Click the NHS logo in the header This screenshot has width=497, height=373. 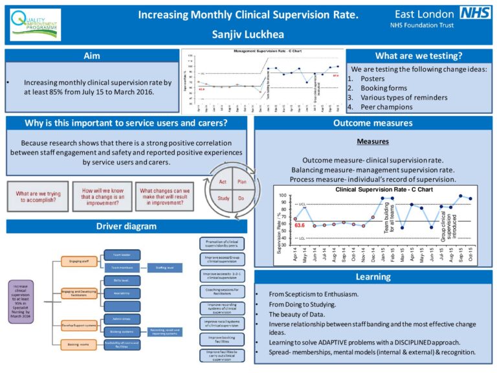pyautogui.click(x=474, y=13)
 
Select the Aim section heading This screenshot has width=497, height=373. pyautogui.click(x=92, y=56)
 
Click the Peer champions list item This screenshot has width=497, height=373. pyautogui.click(x=384, y=106)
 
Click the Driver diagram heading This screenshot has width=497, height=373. pyautogui.click(x=126, y=226)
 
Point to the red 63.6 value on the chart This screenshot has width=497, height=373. pyautogui.click(x=300, y=225)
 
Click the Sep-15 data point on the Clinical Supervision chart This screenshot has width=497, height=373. pyautogui.click(x=460, y=196)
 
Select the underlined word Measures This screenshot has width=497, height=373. pyautogui.click(x=372, y=141)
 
